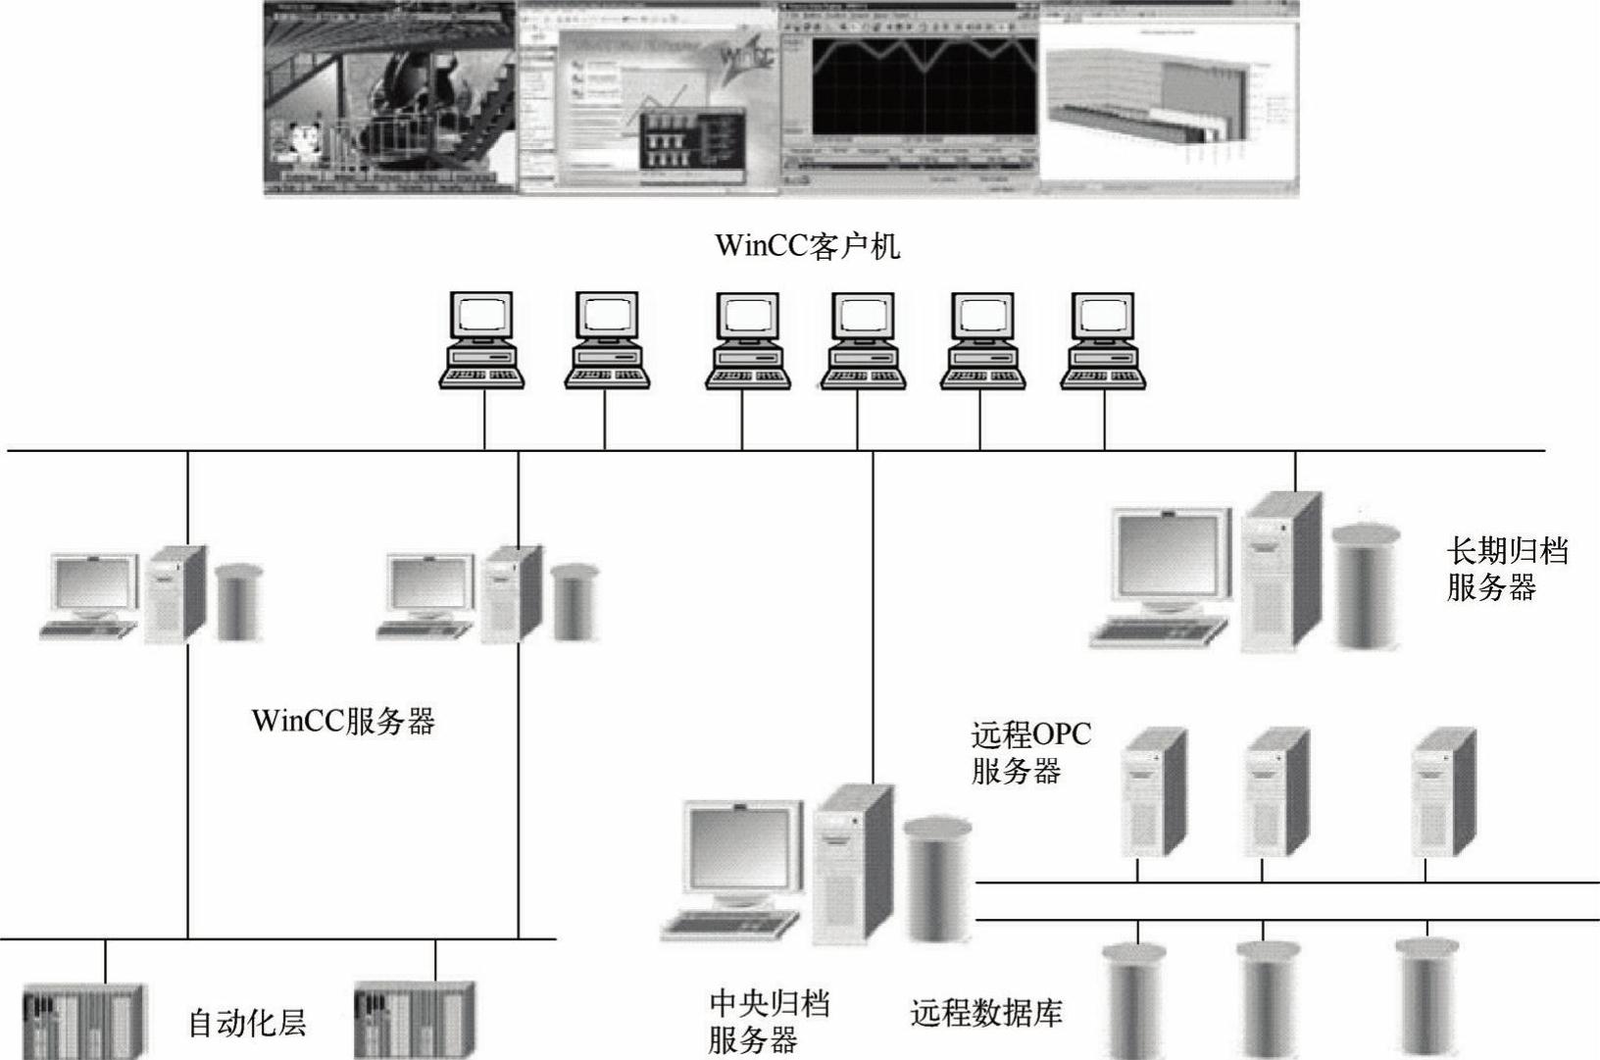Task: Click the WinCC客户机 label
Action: pos(807,245)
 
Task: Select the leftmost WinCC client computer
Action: pos(481,340)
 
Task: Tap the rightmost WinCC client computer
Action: pos(1104,340)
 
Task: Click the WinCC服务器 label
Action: pos(343,722)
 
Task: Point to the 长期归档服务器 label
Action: pos(1506,570)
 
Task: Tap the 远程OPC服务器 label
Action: pos(1029,753)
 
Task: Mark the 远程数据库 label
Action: pos(985,1012)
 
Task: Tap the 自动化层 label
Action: pos(247,1023)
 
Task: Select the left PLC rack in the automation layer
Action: pos(84,1020)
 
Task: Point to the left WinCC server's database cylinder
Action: pos(239,602)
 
